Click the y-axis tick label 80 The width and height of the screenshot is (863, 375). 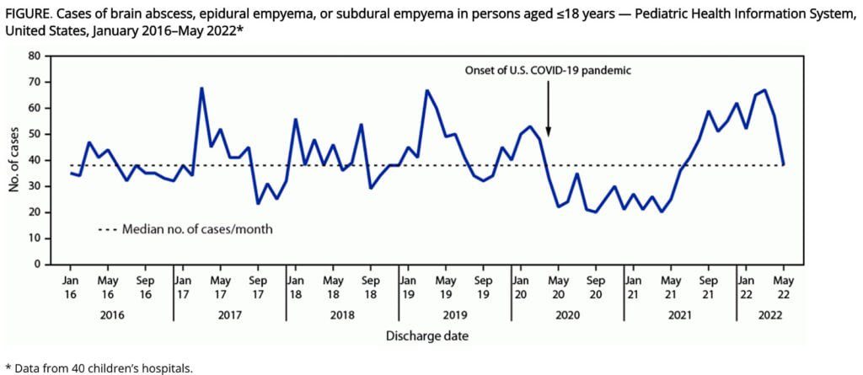coord(34,56)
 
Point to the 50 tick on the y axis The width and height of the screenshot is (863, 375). coord(34,134)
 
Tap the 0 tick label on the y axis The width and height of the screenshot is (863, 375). coord(37,265)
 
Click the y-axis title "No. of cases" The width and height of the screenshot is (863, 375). coord(14,160)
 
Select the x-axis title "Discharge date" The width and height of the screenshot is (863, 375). coord(427,335)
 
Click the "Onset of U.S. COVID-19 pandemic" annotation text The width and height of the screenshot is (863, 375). coord(548,71)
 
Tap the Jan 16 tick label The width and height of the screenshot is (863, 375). coord(70,286)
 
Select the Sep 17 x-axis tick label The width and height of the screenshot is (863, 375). coord(259,286)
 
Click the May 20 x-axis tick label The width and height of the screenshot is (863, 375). coord(558,286)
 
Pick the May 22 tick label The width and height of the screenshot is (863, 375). coord(784,286)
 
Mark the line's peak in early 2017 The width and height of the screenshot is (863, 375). coord(202,88)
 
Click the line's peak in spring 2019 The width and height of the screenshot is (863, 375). coord(426,90)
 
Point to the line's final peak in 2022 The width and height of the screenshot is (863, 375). coord(764,89)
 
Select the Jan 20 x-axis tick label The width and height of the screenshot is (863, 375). coord(520,286)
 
